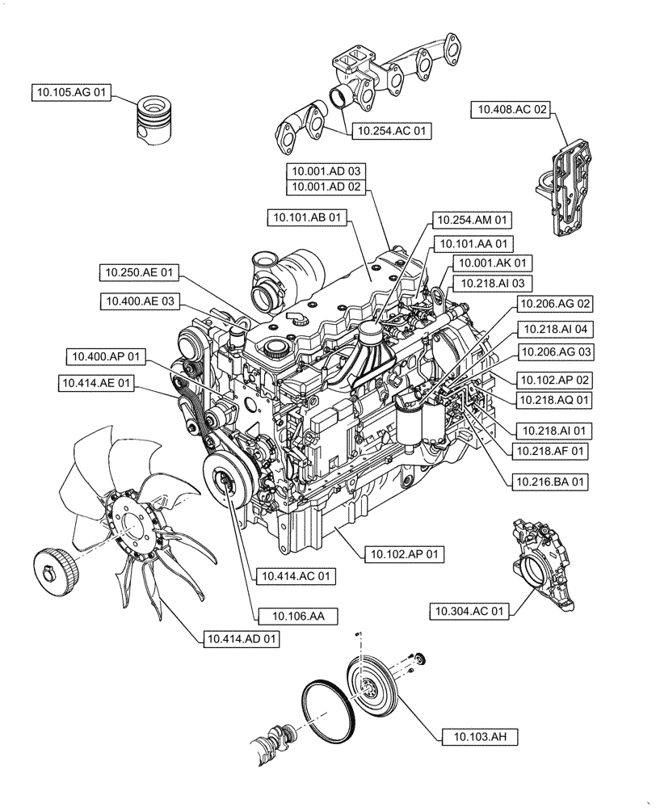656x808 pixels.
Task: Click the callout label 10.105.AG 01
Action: pyautogui.click(x=71, y=93)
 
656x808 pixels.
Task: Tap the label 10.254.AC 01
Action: pyautogui.click(x=393, y=129)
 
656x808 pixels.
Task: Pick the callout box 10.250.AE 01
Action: pyautogui.click(x=140, y=272)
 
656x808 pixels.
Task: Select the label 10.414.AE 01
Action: pyautogui.click(x=96, y=383)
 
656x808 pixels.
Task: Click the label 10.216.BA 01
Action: pyautogui.click(x=548, y=482)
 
